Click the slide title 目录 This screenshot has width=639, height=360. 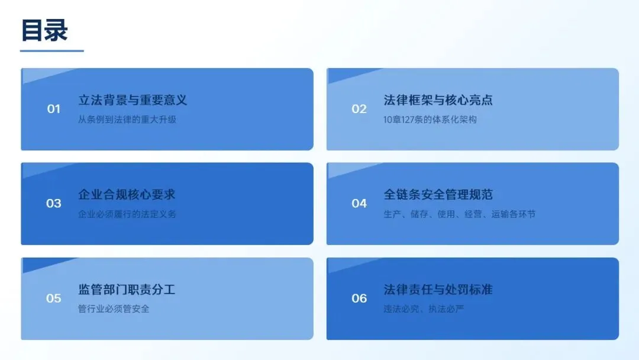click(x=44, y=31)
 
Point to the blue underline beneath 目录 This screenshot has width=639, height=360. click(x=51, y=51)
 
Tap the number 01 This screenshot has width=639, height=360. click(x=54, y=109)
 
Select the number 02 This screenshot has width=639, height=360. click(x=359, y=109)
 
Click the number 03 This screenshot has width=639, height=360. click(x=54, y=204)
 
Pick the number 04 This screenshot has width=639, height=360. click(x=359, y=204)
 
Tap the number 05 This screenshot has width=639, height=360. click(x=54, y=298)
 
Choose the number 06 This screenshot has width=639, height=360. click(x=359, y=298)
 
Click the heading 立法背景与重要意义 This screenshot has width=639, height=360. click(x=133, y=100)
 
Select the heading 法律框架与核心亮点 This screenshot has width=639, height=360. click(x=438, y=100)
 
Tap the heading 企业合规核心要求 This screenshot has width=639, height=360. click(x=127, y=195)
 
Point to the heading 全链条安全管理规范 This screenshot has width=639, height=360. click(x=438, y=195)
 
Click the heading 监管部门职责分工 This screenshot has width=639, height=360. click(x=127, y=290)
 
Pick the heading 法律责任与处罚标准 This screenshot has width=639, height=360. click(x=438, y=290)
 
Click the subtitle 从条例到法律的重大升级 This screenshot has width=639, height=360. click(x=127, y=120)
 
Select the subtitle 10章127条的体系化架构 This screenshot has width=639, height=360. click(x=430, y=120)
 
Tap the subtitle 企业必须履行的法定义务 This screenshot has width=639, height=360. click(x=127, y=214)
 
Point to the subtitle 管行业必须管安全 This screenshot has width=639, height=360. click(x=114, y=308)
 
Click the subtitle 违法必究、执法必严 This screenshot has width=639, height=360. click(x=424, y=308)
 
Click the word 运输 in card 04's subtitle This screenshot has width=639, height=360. click(x=500, y=214)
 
